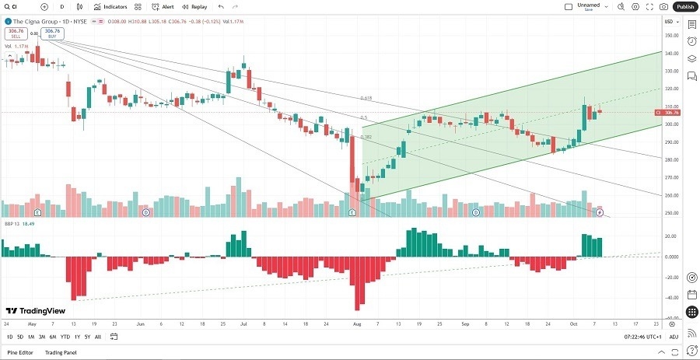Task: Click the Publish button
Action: coord(684,6)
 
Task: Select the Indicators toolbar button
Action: coord(110,6)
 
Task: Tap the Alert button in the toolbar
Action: coord(163,6)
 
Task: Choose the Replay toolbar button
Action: coord(195,6)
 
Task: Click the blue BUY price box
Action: coord(52,33)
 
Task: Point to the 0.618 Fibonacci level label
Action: coord(366,98)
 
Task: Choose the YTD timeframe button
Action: coord(65,337)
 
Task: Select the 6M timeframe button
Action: coord(52,337)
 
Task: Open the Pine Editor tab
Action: coord(21,353)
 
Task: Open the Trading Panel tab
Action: coord(61,353)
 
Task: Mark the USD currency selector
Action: coord(669,22)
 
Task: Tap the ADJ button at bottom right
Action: coord(674,337)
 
